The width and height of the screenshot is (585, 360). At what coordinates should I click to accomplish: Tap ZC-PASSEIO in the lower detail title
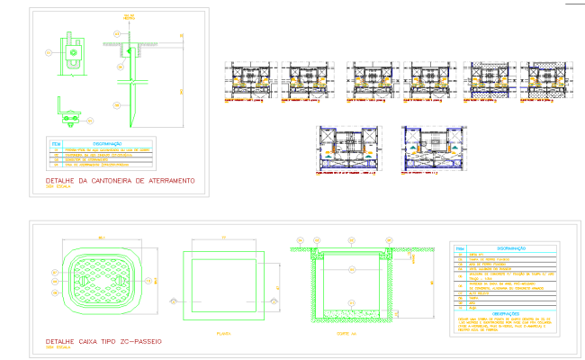(x=137, y=343)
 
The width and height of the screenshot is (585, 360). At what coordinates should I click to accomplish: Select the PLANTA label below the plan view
(x=224, y=333)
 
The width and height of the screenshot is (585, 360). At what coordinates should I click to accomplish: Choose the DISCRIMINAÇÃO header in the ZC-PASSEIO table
(x=511, y=247)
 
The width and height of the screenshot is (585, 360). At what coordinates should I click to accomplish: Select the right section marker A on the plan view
(x=271, y=300)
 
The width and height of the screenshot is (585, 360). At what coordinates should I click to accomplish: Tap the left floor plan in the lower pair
(x=349, y=148)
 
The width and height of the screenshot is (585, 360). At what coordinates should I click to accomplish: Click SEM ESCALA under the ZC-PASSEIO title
(x=56, y=350)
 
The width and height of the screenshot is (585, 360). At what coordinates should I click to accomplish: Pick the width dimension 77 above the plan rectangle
(x=222, y=238)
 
